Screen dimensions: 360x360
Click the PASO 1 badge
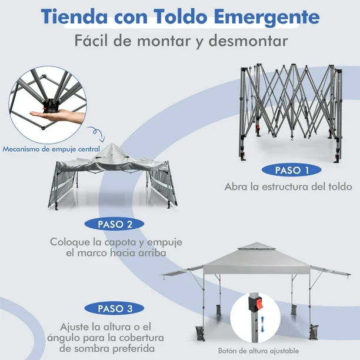tap(292, 171)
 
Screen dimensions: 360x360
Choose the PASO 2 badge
tap(113, 224)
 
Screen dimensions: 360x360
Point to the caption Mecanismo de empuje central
tap(51, 148)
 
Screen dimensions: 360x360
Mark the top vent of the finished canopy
tap(255, 246)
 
